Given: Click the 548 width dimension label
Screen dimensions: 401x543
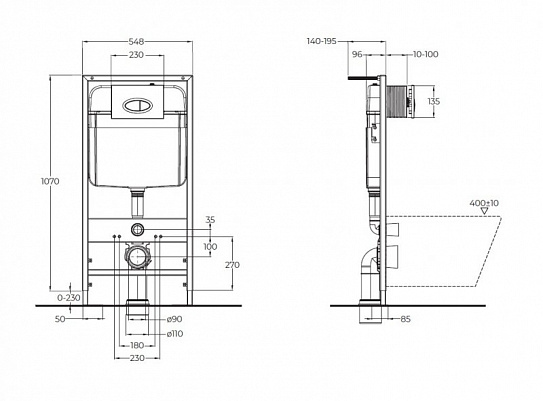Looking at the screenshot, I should pos(137,42).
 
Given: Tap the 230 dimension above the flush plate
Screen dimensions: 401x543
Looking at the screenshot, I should pos(137,56).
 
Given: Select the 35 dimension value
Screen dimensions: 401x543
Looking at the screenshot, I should pos(209,219).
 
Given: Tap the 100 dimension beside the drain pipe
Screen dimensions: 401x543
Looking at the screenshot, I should pos(209,246).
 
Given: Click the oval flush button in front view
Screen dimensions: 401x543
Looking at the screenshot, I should pos(137,99).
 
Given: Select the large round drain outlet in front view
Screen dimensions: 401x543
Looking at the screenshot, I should pos(137,258).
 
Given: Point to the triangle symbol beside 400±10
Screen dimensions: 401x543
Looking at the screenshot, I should pos(484,212).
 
